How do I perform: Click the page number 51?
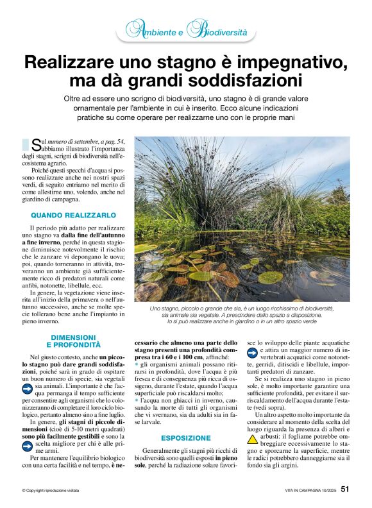coord(344,489)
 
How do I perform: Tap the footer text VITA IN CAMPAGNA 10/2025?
coord(309,490)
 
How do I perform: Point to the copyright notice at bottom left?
coord(51,490)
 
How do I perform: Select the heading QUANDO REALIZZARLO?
coord(74,215)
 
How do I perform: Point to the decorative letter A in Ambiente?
coord(134,29)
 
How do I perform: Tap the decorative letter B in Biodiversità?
coord(199,30)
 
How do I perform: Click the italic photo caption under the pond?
coord(242,314)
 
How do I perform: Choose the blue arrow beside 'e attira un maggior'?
coord(253,352)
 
